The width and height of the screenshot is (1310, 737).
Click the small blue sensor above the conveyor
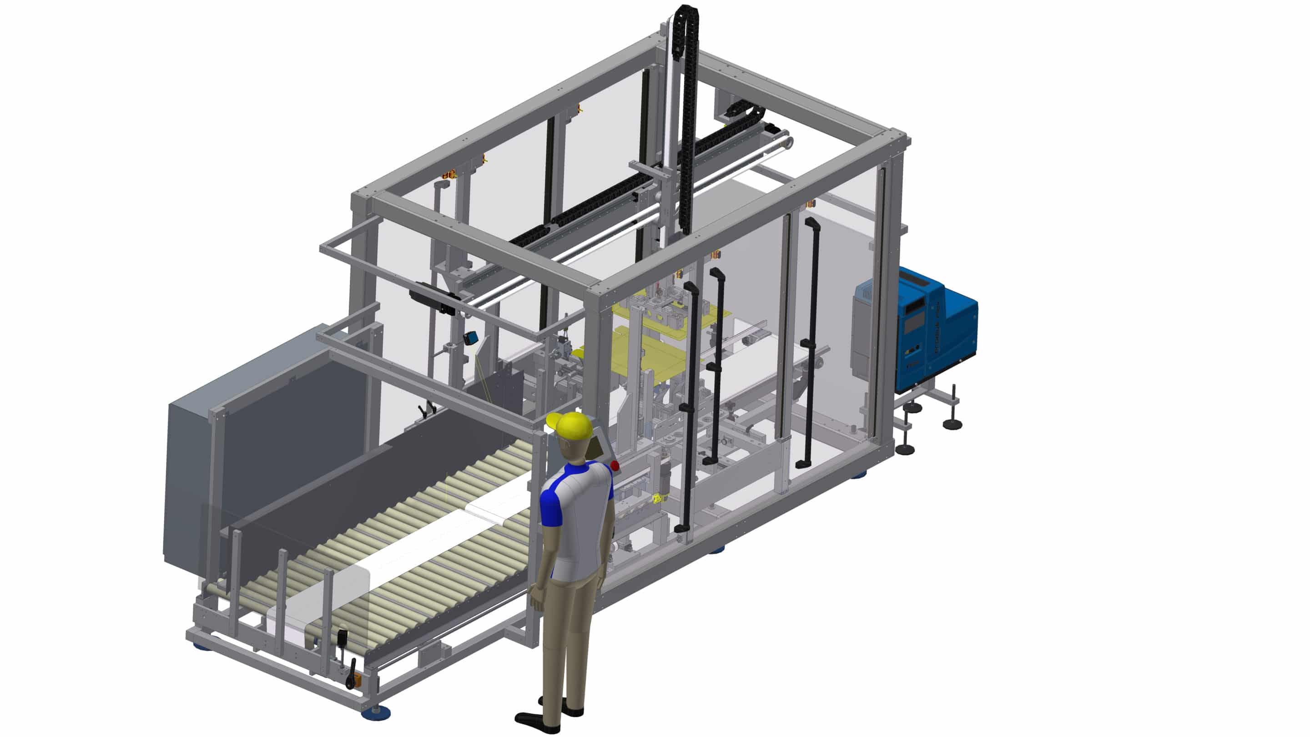point(473,337)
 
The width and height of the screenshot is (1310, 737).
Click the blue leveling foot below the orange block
point(376,712)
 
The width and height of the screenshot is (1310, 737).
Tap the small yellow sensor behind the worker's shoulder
point(659,499)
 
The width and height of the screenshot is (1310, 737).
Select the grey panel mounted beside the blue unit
point(865,331)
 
